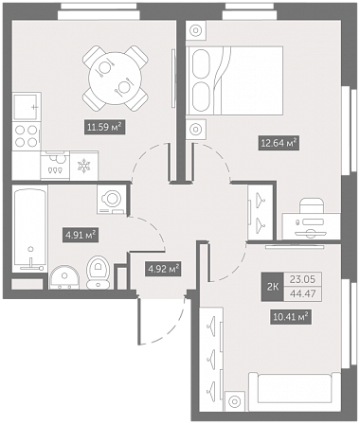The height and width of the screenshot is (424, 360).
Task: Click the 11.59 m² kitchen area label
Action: click(104, 127)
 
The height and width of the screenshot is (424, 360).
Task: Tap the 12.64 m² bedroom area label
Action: click(279, 143)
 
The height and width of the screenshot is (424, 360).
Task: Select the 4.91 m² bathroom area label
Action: click(81, 235)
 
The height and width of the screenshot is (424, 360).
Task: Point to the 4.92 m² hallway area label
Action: click(163, 269)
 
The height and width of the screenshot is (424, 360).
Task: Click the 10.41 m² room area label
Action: click(291, 316)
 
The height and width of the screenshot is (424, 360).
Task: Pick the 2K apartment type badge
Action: click(273, 287)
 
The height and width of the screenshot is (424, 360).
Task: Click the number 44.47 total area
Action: click(303, 294)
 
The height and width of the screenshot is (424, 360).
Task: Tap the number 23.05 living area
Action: click(303, 279)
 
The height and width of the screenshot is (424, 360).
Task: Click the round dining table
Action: click(115, 78)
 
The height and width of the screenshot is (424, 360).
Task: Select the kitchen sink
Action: click(27, 106)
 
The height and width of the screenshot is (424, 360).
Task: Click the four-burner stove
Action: click(27, 136)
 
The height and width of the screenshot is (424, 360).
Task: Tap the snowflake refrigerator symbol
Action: click(84, 166)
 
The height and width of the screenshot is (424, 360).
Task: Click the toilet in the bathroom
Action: click(99, 273)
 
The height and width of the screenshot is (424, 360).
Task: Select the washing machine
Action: click(112, 200)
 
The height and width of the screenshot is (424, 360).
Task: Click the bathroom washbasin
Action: click(64, 277)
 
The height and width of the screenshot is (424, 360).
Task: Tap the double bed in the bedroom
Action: click(234, 80)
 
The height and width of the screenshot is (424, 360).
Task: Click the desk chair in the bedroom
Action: click(312, 205)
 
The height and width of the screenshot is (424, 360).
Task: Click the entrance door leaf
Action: click(139, 321)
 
